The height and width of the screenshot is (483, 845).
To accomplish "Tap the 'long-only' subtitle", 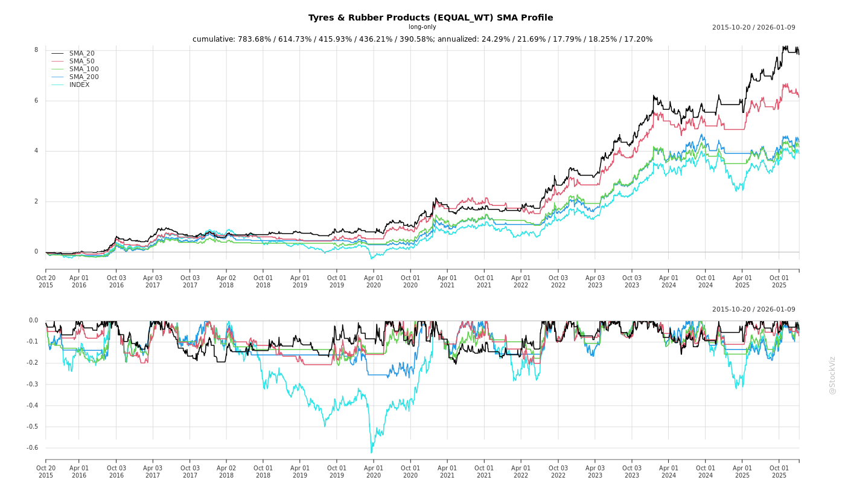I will point(422,27).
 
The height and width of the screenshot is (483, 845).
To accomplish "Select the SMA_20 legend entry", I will point(81,54).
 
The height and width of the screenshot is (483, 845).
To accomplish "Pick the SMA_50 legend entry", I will point(81,62).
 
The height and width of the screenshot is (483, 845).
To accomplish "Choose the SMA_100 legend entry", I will point(84,69).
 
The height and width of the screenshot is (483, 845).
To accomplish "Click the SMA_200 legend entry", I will point(84,77).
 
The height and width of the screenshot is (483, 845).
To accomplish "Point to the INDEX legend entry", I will point(79,85).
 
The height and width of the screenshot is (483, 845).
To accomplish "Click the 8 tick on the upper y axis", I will point(36,50).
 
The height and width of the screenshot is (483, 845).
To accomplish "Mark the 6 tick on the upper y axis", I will point(36,101).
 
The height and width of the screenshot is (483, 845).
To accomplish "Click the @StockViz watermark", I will point(832,376).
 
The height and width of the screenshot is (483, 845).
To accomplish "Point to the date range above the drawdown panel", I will point(753,310).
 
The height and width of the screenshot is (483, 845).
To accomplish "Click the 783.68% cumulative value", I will point(255,39).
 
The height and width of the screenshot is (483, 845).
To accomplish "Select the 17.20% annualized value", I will point(637,39).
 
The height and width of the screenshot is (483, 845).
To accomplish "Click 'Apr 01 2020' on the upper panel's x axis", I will point(374,281).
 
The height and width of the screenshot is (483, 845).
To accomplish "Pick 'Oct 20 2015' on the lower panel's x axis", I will point(46,472).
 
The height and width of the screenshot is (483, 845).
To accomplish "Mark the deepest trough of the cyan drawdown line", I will point(371,452).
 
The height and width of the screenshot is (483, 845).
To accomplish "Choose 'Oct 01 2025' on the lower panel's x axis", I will point(779,472).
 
